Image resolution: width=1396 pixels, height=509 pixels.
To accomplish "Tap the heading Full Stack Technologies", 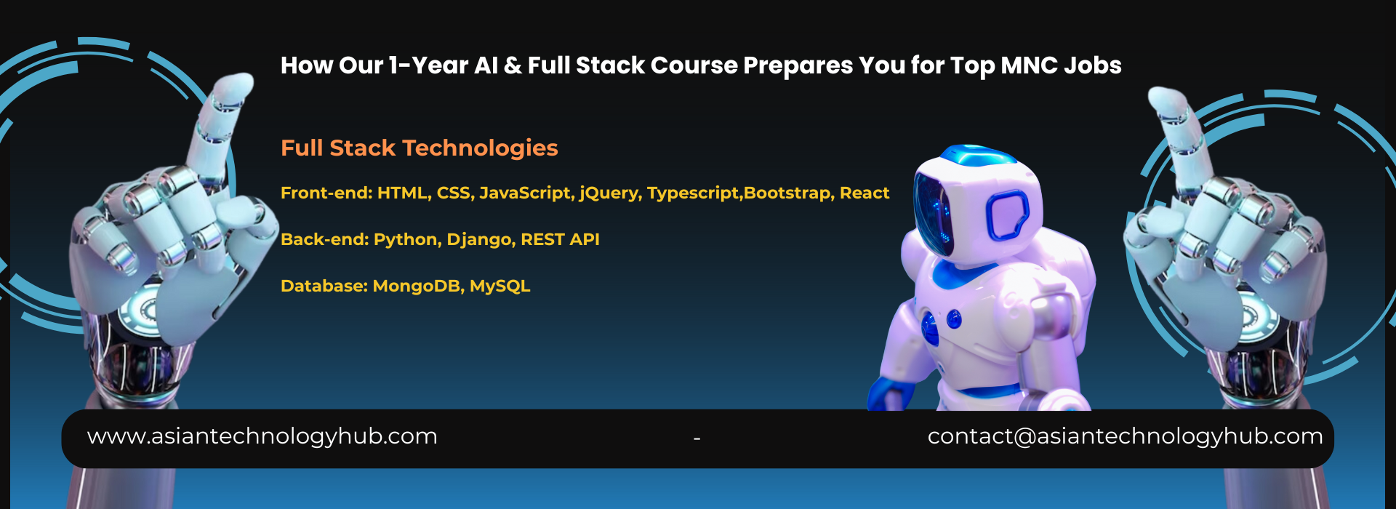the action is pyautogui.click(x=420, y=148).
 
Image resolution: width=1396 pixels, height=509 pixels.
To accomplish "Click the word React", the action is pyautogui.click(x=865, y=193).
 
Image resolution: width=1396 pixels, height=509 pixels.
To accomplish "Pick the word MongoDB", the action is pyautogui.click(x=418, y=286).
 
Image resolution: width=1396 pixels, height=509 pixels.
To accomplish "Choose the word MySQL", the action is pyautogui.click(x=500, y=286).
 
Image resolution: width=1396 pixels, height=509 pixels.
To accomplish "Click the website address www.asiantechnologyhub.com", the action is pyautogui.click(x=262, y=436).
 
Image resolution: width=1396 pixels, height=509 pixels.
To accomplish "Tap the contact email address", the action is pyautogui.click(x=1125, y=436).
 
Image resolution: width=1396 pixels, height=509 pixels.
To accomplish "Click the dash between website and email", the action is pyautogui.click(x=697, y=438).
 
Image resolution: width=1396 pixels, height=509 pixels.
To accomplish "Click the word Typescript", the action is pyautogui.click(x=694, y=193).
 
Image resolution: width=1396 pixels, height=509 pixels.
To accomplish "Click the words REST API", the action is pyautogui.click(x=560, y=239).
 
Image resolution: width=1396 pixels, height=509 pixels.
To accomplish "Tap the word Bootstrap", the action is pyautogui.click(x=788, y=193).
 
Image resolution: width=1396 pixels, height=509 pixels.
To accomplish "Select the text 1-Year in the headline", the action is pyautogui.click(x=428, y=65).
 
